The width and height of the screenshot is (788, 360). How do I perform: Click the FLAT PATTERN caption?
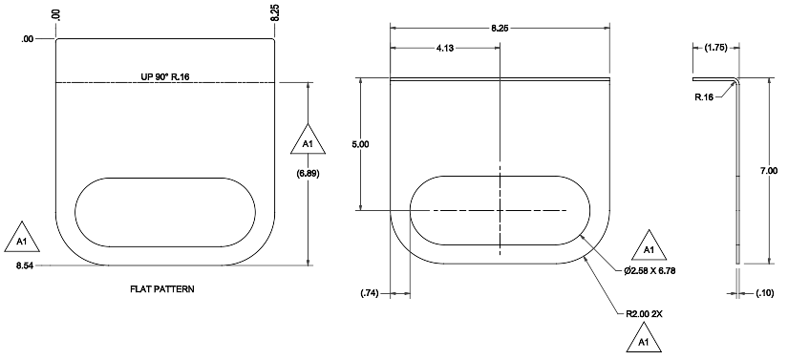[x=161, y=289]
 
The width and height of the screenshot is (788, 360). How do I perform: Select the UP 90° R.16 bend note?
[x=165, y=76]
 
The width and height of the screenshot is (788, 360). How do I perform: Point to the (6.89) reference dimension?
[x=309, y=174]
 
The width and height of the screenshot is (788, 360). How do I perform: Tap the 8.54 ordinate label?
[x=24, y=265]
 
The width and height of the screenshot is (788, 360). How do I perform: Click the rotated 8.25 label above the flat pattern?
[x=275, y=12]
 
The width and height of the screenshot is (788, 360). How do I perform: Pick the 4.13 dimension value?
[x=444, y=48]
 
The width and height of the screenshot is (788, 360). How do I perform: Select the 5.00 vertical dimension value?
[x=360, y=144]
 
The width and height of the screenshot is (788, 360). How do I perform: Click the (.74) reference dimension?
[x=370, y=294]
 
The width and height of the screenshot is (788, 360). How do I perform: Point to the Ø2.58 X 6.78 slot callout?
[x=650, y=270]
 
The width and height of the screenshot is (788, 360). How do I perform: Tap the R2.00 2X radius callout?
[x=644, y=314]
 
